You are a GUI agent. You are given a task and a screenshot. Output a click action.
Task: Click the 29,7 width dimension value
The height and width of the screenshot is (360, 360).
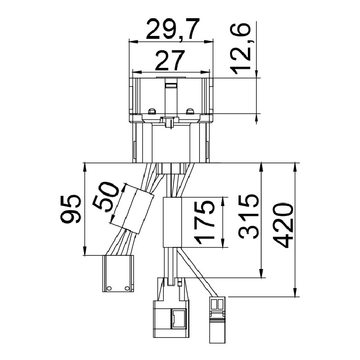(x=172, y=30)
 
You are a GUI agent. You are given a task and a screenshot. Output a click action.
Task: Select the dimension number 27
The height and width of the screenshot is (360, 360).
(x=170, y=60)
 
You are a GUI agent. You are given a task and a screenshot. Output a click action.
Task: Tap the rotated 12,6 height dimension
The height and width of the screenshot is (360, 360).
(x=240, y=49)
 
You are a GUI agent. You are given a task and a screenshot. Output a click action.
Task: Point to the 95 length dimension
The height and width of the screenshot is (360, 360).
(x=71, y=209)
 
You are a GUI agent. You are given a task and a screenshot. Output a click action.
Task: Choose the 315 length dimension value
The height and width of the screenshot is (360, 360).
(x=248, y=216)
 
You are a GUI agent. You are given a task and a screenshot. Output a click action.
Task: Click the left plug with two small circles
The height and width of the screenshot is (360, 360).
(x=118, y=273)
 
